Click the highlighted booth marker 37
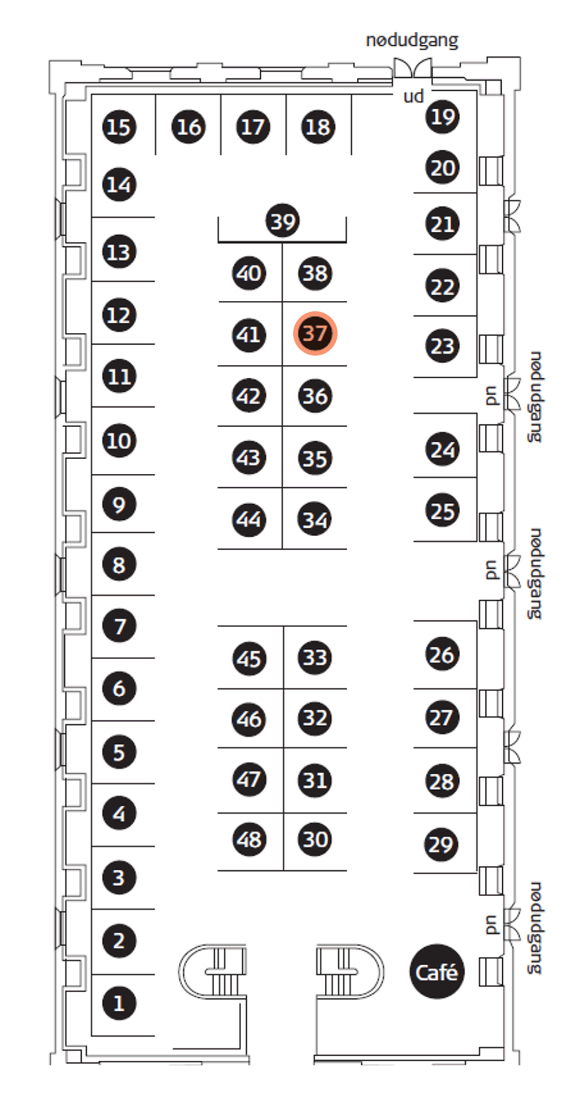[x=315, y=333]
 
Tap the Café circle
[x=437, y=972]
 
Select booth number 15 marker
[x=119, y=127]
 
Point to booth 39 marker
[x=283, y=221]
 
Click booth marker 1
[x=119, y=1003]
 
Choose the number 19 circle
[x=443, y=117]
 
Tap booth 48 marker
[x=249, y=839]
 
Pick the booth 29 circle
[x=442, y=844]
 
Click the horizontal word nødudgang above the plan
[x=412, y=40]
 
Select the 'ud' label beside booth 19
[x=414, y=96]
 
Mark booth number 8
[x=119, y=564]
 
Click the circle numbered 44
[x=249, y=519]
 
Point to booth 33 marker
[x=315, y=657]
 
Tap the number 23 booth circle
[x=442, y=345]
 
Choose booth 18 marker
[x=318, y=127]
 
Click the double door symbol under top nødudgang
[x=412, y=68]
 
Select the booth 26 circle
[x=442, y=654]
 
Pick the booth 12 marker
[x=119, y=315]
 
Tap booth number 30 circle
[x=315, y=839]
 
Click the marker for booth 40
[x=249, y=273]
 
